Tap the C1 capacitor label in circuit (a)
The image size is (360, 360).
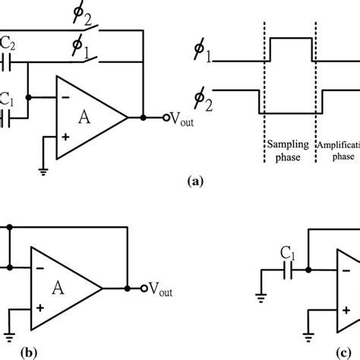click(x=8, y=99)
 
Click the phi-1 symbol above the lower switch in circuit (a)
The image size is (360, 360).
click(x=79, y=49)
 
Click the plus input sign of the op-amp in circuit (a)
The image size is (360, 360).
click(x=65, y=137)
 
